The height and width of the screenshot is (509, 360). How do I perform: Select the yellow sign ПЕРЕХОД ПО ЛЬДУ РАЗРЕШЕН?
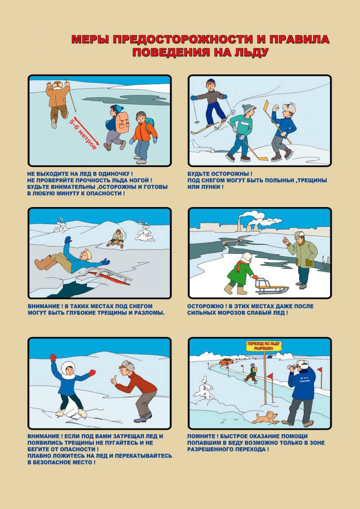coord(263,346)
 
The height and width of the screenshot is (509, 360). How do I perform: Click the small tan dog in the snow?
coord(265,418)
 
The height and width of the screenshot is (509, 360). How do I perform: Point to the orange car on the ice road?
coord(226,361)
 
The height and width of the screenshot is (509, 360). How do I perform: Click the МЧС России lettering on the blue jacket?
coord(305,379)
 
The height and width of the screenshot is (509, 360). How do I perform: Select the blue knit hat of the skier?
coord(211,81)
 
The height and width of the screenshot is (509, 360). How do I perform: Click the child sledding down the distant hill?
coord(117,239)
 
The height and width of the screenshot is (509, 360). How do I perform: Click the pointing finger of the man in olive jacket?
coord(284,240)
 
